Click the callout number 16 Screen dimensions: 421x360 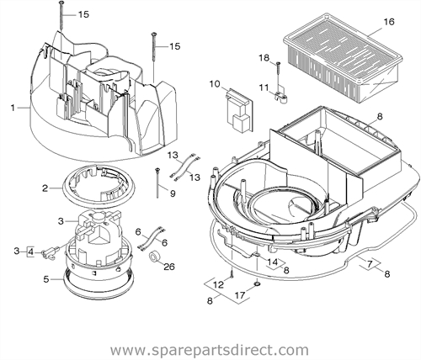point(389,22)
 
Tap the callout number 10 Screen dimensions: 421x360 point(215,84)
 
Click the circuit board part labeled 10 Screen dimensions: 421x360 point(240,109)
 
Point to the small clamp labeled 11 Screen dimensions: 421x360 point(280,97)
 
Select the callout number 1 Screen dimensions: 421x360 point(13,108)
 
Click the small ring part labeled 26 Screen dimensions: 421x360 point(154,257)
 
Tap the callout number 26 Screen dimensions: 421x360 point(169,267)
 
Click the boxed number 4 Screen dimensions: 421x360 point(30,251)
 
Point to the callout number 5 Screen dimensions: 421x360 point(46,279)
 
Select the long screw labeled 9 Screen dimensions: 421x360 point(157,183)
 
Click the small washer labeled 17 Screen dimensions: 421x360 point(257,285)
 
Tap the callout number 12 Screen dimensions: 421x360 point(219,285)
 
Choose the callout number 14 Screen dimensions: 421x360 point(273,262)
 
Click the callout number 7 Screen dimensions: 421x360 point(370,263)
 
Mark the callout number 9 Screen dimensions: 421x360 point(173,193)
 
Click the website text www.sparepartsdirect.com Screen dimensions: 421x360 point(210,350)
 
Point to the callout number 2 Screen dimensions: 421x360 point(45,188)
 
